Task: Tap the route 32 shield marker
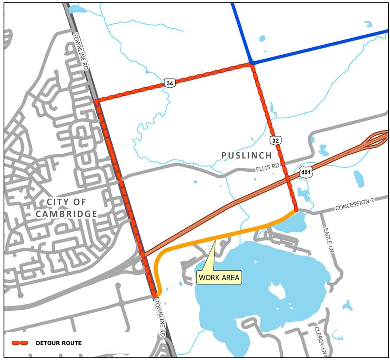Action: coord(276,140)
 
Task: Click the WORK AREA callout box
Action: coord(218,277)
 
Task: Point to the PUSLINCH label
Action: coord(246,155)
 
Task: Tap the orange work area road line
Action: coord(217,237)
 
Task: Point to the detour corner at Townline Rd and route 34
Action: coord(97,101)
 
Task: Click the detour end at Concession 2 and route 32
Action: coord(296,210)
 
